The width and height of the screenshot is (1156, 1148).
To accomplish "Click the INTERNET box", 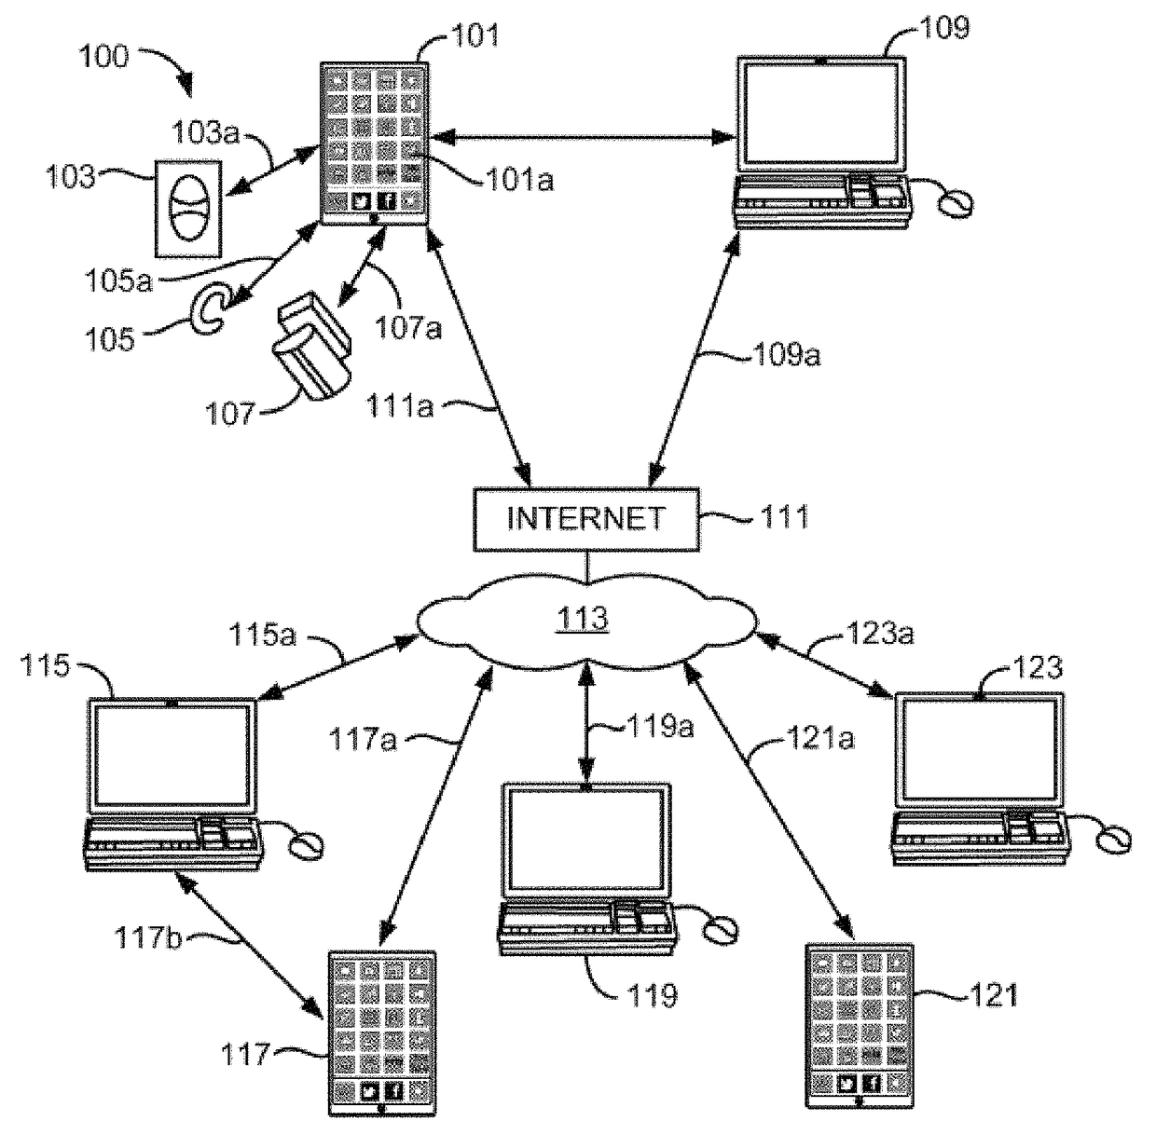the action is (x=586, y=519).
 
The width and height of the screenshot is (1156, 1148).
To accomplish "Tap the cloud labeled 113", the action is (x=586, y=620).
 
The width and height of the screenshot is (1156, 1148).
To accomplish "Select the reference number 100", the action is (x=103, y=57).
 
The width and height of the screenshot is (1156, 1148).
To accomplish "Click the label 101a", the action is (x=519, y=179).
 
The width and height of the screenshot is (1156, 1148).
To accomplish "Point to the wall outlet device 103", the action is (x=188, y=209).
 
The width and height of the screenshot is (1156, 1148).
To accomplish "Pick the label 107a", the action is (x=408, y=327).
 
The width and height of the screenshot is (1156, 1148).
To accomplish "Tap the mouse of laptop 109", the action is (x=956, y=203).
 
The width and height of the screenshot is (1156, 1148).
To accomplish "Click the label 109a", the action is (x=787, y=355).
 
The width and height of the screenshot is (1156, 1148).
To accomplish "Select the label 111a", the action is (x=400, y=406).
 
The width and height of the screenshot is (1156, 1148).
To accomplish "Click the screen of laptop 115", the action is (x=172, y=755).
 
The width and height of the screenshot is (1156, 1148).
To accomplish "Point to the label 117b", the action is (x=147, y=937).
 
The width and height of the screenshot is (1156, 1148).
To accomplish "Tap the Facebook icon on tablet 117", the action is (x=393, y=1090).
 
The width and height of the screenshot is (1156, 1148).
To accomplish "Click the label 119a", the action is (x=660, y=727).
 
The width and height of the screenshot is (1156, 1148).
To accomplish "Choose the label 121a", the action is (x=820, y=738).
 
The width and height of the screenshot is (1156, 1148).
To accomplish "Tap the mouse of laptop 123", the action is (x=1113, y=839).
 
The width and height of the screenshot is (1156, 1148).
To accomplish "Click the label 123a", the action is (x=880, y=633).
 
